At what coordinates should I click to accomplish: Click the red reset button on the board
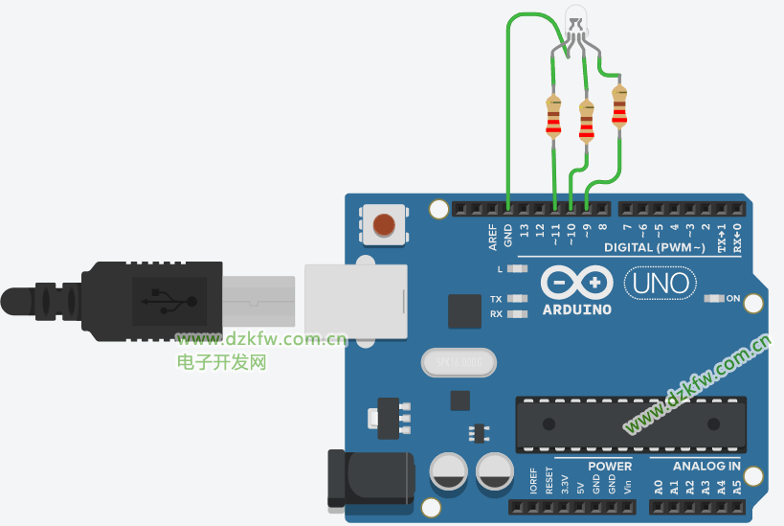pos(383,225)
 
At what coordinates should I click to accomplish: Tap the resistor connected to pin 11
pos(552,117)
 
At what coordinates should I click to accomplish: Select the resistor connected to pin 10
pos(586,121)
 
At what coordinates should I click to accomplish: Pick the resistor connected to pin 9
pos(619,107)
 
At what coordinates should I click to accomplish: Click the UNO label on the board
pos(660,283)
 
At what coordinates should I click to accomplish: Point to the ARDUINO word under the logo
pos(576,309)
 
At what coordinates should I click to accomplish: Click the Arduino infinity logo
pos(576,283)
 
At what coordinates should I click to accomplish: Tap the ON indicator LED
pos(712,299)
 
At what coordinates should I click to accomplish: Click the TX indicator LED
pos(518,299)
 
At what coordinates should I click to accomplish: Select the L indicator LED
pos(518,269)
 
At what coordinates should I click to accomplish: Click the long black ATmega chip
pos(630,423)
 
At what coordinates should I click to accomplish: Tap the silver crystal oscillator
pos(459,363)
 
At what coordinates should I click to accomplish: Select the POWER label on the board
pos(610,467)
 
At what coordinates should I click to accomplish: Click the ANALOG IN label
pos(706,467)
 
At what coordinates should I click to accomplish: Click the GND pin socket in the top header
pos(507,208)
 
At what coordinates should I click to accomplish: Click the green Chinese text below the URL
pos(221,362)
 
